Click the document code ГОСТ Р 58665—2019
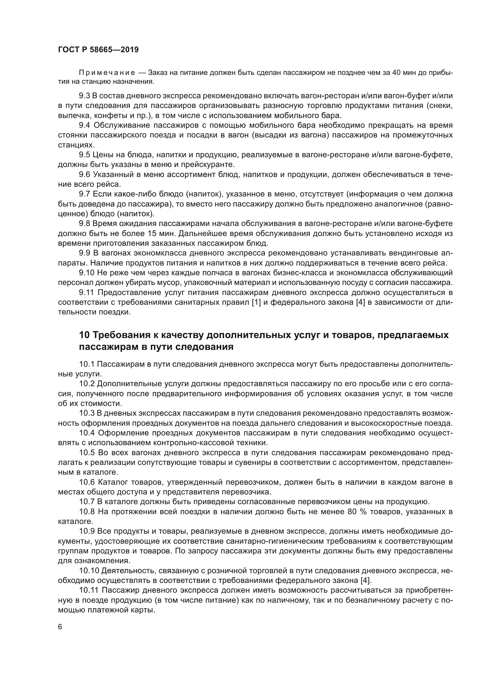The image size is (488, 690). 98,50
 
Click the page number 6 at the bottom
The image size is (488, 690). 60,627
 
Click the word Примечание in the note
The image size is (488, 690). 107,73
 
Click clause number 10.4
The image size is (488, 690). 87,433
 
